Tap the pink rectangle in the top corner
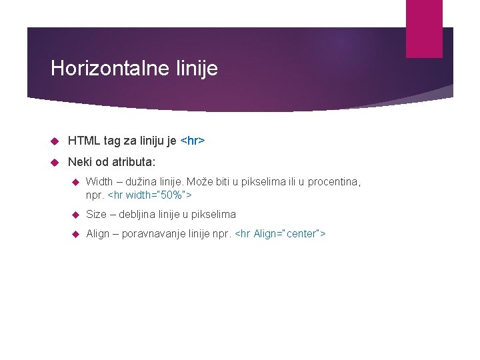click(x=424, y=28)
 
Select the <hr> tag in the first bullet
click(x=193, y=141)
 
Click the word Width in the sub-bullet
click(x=99, y=181)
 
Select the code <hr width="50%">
click(x=149, y=195)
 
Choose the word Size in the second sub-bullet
click(x=96, y=215)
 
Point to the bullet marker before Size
click(x=75, y=215)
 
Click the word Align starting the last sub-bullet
click(x=98, y=234)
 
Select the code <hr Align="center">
click(x=281, y=234)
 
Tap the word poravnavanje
click(x=151, y=234)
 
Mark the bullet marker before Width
click(x=75, y=181)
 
